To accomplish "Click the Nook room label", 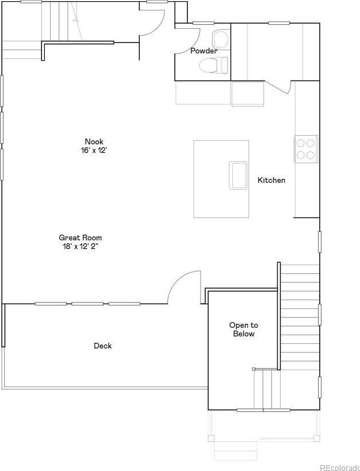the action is point(94,141).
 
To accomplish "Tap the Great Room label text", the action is point(81,238).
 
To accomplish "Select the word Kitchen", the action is point(271,180).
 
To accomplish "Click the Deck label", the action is point(103,346).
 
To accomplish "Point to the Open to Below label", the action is point(244,330).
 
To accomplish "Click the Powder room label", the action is point(204,51).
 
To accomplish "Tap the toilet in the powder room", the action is point(214,65).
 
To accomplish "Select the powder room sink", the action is point(221,39).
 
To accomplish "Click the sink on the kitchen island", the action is point(238,175).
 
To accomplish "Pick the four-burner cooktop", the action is point(306,149).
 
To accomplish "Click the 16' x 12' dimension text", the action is point(94,151).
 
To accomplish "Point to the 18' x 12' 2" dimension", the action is point(81,247).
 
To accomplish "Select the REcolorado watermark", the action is point(339,468).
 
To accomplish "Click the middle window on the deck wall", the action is point(87,304).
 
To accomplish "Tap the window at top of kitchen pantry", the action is point(279,23).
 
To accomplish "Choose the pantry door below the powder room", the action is point(281,87).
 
